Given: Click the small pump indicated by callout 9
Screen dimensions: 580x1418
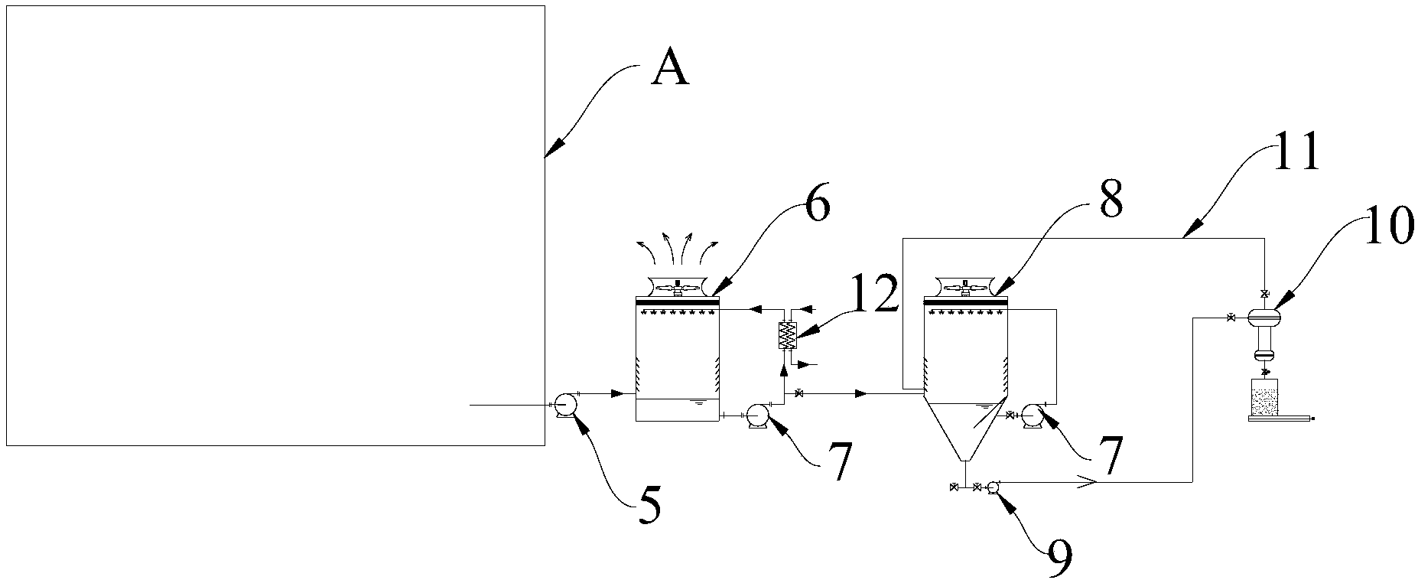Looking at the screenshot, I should point(994,487).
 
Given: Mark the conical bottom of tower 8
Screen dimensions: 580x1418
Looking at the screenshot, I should point(965,432).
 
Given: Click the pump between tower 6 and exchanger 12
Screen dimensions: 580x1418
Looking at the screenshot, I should point(758,415).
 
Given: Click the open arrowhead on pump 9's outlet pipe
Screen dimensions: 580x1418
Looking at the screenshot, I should point(1086,482).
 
